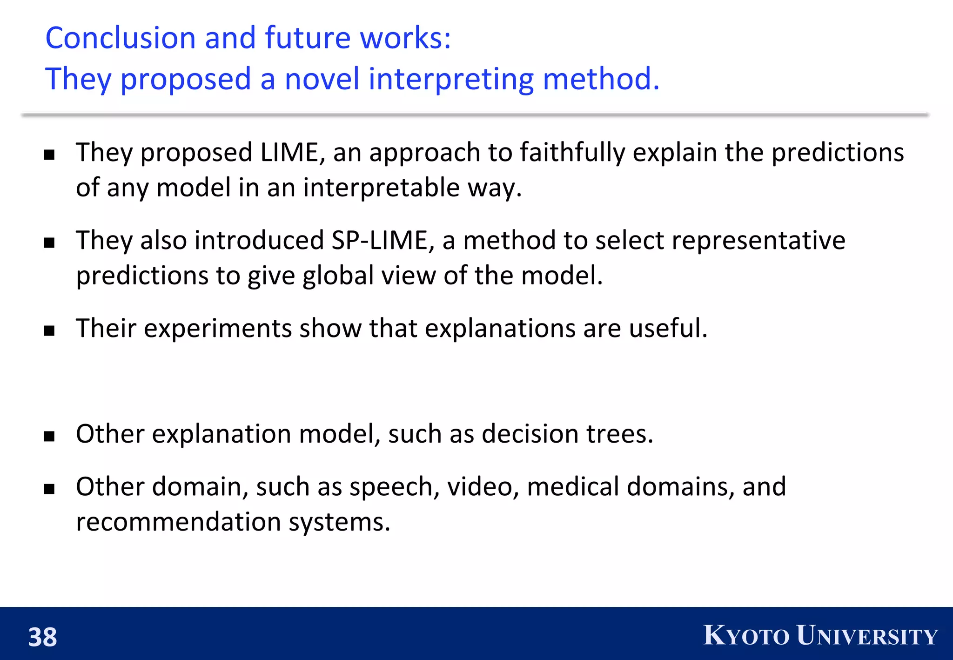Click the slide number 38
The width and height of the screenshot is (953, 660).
tap(42, 637)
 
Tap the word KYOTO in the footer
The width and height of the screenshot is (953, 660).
tap(746, 636)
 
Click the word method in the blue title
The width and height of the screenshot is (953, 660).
tap(601, 79)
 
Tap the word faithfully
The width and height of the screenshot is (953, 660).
tap(572, 153)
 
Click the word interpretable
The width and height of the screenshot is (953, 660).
tap(382, 188)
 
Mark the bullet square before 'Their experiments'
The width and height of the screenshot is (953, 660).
tap(49, 330)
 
